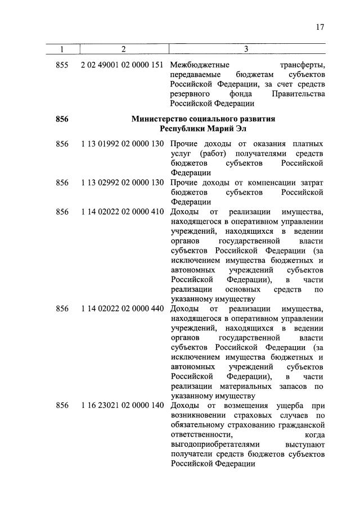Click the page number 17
320,27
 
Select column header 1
62,49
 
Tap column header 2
123,49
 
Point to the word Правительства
298,94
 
